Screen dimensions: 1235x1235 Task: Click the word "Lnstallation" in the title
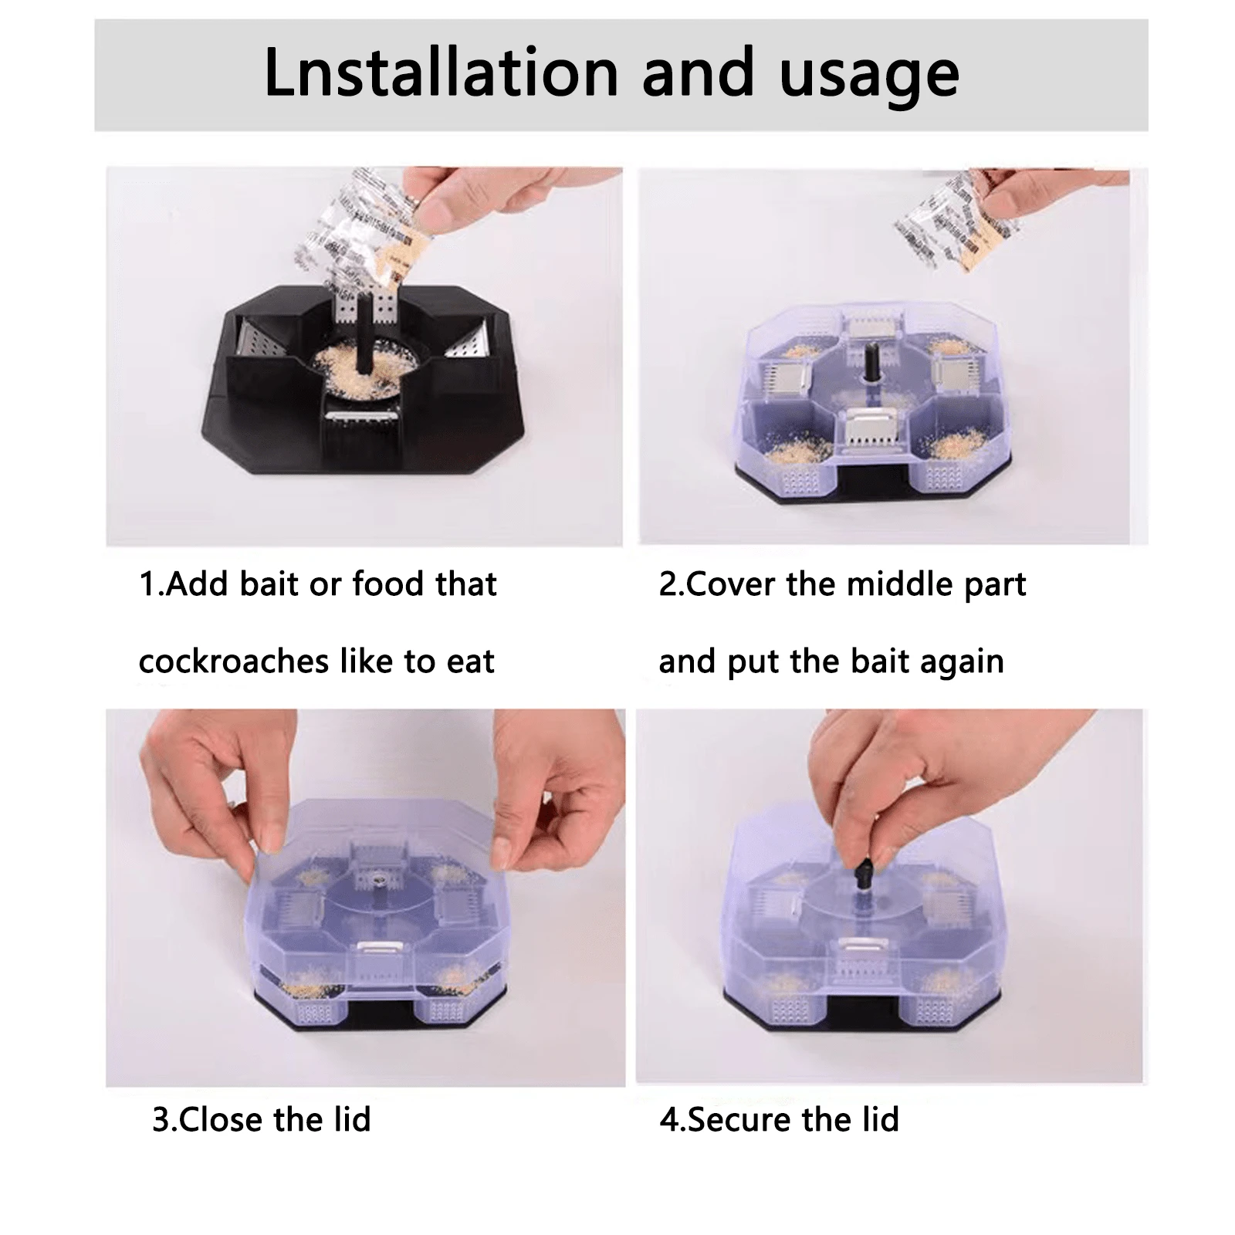(441, 73)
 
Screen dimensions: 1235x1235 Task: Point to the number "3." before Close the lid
(164, 1119)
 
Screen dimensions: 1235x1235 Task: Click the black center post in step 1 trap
(363, 340)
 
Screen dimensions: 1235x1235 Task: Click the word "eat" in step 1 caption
(470, 661)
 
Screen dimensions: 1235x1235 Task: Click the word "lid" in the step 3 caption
(351, 1119)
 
